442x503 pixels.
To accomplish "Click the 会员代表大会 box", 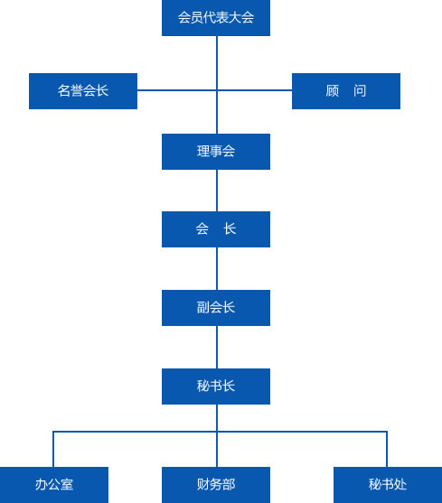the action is pos(216,18).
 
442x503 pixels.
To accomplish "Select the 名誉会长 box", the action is pos(83,91).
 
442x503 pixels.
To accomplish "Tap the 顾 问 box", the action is pos(346,91).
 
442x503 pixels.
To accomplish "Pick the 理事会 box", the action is pos(216,152).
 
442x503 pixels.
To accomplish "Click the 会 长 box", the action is pos(216,229).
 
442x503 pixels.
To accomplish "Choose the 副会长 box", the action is pos(216,308).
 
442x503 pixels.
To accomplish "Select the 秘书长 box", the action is pos(216,387).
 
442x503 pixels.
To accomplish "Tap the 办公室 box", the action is pos(54,485).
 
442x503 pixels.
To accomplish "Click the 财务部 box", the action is pos(216,485).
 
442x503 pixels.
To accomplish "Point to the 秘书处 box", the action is pos(388,485).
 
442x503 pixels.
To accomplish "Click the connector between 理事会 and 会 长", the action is pos(217,191).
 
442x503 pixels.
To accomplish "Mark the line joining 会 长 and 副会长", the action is pos(217,269).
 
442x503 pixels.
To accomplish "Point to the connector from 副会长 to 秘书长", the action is pos(217,347).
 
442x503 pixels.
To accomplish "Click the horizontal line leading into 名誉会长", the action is pos(177,90).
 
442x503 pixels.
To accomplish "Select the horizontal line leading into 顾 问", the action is pos(255,90).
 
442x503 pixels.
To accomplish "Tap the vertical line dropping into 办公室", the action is pos(53,449).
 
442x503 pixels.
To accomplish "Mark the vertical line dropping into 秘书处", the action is pos(387,449).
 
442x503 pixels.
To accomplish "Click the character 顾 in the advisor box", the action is pos(333,91).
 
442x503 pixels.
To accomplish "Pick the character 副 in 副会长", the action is pos(203,308).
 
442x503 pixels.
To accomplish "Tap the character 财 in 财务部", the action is pos(203,484).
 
